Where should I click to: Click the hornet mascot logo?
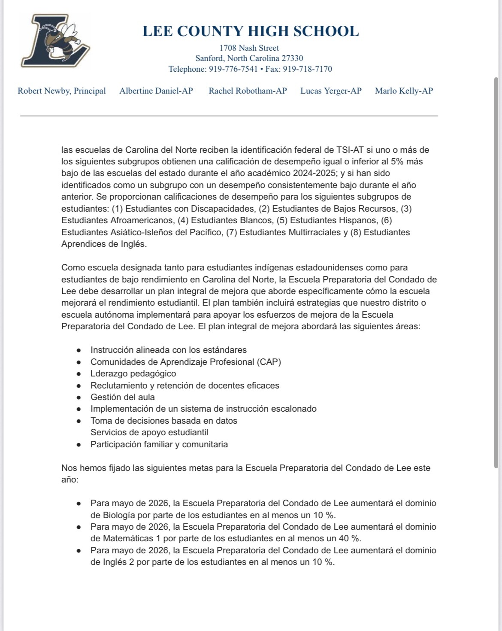[x=56, y=41]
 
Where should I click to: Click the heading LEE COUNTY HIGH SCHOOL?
[x=250, y=31]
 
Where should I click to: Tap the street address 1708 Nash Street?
[x=249, y=48]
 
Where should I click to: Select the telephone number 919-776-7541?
[x=233, y=69]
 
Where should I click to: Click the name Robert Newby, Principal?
[x=62, y=91]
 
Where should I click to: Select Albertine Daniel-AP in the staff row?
[x=156, y=91]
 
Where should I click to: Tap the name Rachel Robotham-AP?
[x=248, y=91]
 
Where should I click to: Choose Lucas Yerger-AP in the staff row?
[x=331, y=91]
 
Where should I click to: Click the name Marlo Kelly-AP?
[x=404, y=91]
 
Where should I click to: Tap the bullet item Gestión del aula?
[x=123, y=397]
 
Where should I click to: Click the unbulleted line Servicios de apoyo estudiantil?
[x=149, y=433]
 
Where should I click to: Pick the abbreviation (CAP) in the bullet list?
[x=269, y=362]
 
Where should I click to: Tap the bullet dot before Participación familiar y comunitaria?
[x=79, y=445]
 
